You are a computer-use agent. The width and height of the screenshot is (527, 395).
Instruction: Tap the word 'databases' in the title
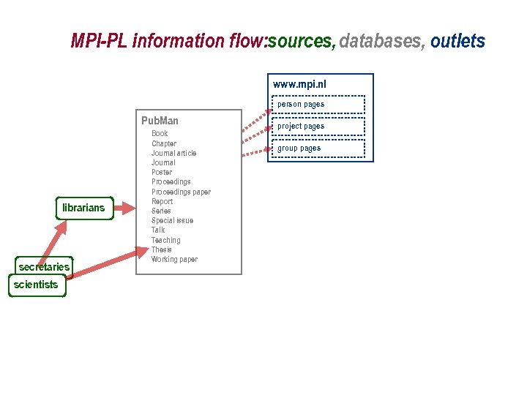click(x=380, y=41)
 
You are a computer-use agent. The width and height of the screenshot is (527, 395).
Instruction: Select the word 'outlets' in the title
click(x=457, y=41)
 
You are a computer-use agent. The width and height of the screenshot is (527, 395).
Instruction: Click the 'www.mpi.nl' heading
click(x=299, y=84)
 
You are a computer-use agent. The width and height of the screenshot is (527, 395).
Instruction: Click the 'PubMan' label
click(x=160, y=121)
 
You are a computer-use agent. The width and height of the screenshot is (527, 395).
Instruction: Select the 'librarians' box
click(x=83, y=208)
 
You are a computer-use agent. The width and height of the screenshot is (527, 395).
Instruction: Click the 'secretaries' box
click(x=44, y=267)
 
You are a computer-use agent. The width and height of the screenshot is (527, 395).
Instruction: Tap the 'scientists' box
click(x=36, y=285)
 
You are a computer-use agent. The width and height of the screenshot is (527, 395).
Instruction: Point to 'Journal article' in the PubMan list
click(x=173, y=153)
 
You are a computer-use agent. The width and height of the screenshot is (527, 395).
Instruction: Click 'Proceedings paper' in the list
click(x=181, y=192)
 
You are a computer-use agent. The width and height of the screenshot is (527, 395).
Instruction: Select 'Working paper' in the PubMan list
click(x=174, y=259)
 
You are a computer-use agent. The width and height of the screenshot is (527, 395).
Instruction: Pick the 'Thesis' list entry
click(x=161, y=249)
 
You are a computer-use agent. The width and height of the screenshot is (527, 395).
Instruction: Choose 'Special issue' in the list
click(x=172, y=220)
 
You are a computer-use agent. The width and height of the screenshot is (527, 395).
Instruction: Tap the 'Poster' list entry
click(x=162, y=172)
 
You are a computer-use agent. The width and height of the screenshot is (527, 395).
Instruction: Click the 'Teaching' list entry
click(x=165, y=240)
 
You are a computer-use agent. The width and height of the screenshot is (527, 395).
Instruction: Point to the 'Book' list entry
click(x=160, y=134)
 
